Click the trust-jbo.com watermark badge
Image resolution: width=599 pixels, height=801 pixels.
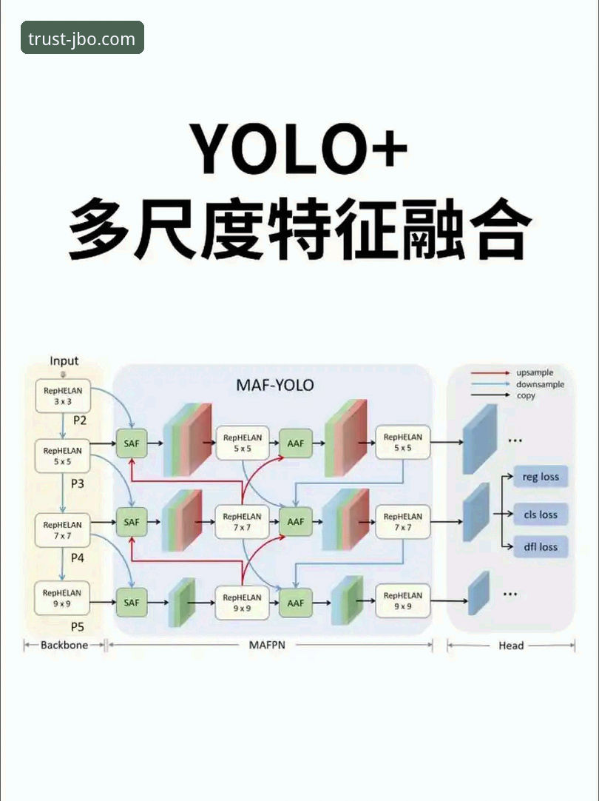(82, 38)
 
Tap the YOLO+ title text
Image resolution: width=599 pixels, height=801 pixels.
(299, 149)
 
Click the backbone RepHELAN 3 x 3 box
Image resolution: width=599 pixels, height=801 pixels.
(62, 396)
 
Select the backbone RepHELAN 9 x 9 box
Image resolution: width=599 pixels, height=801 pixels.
(62, 597)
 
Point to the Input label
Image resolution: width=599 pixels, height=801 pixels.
(64, 361)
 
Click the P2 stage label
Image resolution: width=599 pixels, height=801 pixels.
(80, 420)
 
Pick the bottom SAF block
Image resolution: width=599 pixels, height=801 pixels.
(132, 603)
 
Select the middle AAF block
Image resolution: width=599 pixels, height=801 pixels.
(295, 522)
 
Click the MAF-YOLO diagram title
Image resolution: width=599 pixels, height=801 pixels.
(275, 385)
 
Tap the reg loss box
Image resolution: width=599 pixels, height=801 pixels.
(540, 477)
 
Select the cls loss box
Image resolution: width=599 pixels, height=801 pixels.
(540, 515)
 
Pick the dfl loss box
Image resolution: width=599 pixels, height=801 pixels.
(540, 547)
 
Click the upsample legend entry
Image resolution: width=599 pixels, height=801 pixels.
(534, 373)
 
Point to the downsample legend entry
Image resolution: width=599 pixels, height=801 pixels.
(539, 384)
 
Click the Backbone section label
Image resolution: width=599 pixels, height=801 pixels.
(64, 646)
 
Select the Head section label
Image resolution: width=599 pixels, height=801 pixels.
(511, 646)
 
